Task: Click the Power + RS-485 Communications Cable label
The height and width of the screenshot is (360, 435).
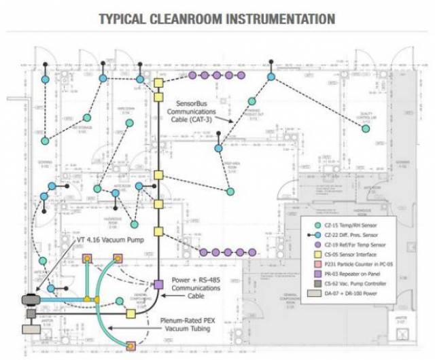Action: (201, 285)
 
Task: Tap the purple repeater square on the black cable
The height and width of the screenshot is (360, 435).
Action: (158, 285)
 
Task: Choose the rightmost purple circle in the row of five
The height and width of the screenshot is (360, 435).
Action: (239, 75)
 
